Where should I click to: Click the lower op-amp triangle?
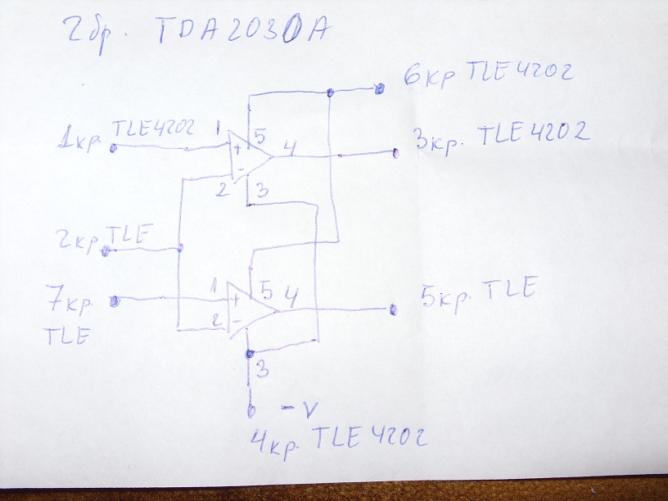coord(250,309)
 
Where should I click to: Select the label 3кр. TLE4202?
coord(502,137)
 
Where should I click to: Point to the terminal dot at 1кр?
coord(113,147)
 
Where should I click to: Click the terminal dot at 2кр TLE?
coord(106,250)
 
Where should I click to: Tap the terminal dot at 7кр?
coord(113,300)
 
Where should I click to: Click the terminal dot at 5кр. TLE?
coord(394,309)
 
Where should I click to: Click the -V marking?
coord(292,407)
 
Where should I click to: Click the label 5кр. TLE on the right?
coord(478,290)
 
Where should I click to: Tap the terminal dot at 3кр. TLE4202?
coord(395,152)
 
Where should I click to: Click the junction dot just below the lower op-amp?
coord(248,354)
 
